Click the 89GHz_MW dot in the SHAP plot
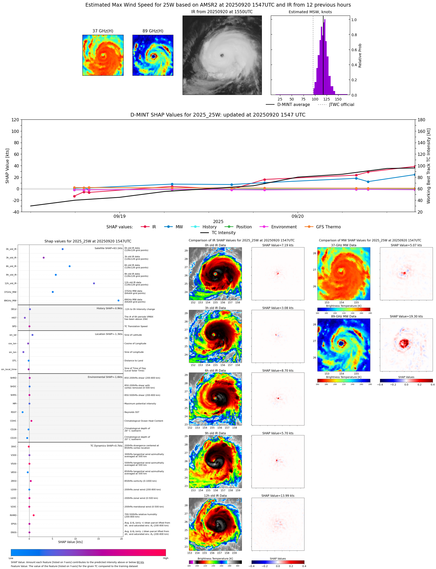(118, 300)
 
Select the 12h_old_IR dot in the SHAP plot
(94, 283)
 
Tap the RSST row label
(14, 412)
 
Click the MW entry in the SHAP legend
(179, 227)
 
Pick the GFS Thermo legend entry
(328, 227)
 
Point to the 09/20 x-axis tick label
(297, 216)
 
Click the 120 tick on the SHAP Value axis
(15, 120)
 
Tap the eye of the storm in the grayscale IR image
(222, 55)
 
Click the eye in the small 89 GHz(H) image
(154, 56)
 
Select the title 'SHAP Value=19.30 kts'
(406, 316)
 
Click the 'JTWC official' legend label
(341, 104)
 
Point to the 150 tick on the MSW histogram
(338, 99)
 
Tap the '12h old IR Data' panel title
(215, 496)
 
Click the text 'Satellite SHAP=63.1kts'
(108, 248)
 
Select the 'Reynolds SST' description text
(132, 412)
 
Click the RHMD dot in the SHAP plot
(33, 515)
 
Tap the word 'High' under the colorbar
(165, 558)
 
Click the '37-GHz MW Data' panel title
(344, 245)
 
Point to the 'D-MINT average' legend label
(293, 104)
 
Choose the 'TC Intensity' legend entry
(223, 233)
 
